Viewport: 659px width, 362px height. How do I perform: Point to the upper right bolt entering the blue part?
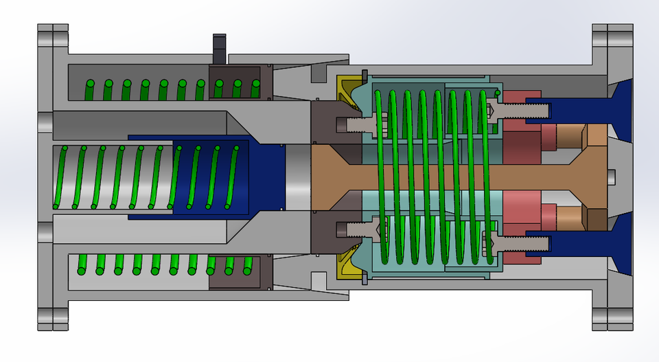pyautogui.click(x=522, y=109)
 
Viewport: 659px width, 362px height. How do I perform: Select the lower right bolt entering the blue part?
pyautogui.click(x=522, y=242)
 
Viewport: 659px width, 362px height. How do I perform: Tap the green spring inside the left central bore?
pyautogui.click(x=110, y=177)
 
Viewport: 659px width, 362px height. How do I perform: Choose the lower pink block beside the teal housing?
pyautogui.click(x=522, y=210)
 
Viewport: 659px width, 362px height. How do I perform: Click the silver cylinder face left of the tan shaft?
pyautogui.click(x=298, y=177)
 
